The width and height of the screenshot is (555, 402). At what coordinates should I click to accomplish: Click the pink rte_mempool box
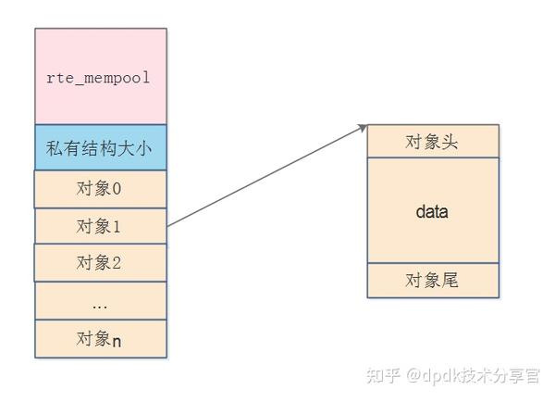[x=101, y=76]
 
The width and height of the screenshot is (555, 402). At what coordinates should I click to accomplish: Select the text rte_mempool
[x=98, y=78]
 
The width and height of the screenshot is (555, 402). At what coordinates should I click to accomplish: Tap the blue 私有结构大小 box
[x=101, y=147]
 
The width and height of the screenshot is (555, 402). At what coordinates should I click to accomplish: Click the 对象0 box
[x=101, y=190]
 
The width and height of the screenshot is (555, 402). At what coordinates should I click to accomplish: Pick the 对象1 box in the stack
[x=101, y=225]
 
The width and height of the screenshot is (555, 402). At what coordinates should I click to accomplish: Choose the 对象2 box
[x=101, y=262]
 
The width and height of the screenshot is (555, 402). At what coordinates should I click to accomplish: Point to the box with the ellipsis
[x=101, y=301]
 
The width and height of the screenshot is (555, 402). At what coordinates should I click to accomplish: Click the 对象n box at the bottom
[x=101, y=339]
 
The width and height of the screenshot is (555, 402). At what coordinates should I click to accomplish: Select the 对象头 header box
[x=432, y=142]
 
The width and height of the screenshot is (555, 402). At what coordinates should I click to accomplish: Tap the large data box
[x=432, y=211]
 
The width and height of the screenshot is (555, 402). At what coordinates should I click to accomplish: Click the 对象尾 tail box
[x=432, y=281]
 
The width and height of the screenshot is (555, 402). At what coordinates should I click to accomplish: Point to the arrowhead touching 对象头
[x=364, y=129]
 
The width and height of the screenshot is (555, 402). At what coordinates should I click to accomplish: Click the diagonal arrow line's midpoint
[x=266, y=176]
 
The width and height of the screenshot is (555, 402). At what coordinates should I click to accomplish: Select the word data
[x=432, y=212]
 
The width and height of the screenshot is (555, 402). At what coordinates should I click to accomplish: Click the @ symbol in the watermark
[x=411, y=375]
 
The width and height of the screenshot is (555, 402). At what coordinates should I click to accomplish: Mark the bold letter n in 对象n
[x=117, y=340]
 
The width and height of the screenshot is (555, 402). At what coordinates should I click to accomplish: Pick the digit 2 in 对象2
[x=117, y=262]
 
